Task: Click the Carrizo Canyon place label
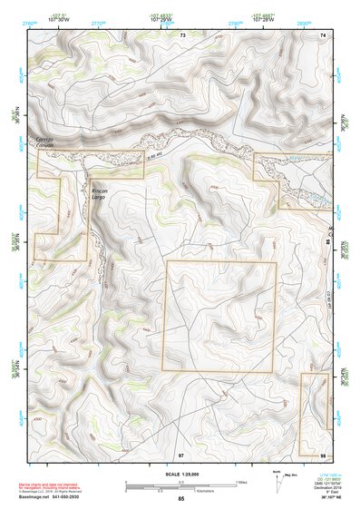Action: [x=45, y=142]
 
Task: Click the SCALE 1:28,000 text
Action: [x=180, y=473]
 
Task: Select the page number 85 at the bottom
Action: [x=180, y=499]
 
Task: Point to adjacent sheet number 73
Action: [x=182, y=34]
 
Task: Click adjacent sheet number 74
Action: [x=322, y=34]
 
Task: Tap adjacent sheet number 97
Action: [x=181, y=454]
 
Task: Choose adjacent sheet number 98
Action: [x=322, y=454]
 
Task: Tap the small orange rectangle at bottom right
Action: [x=315, y=414]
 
